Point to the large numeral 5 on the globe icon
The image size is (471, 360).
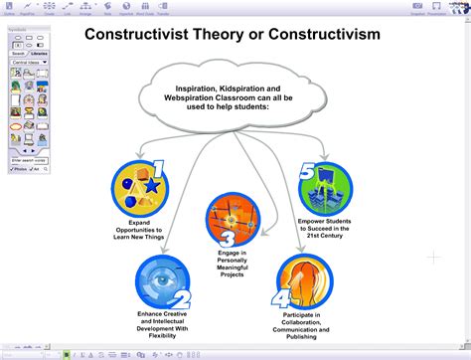pos(308,170)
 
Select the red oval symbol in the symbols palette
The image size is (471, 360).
pos(16,126)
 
